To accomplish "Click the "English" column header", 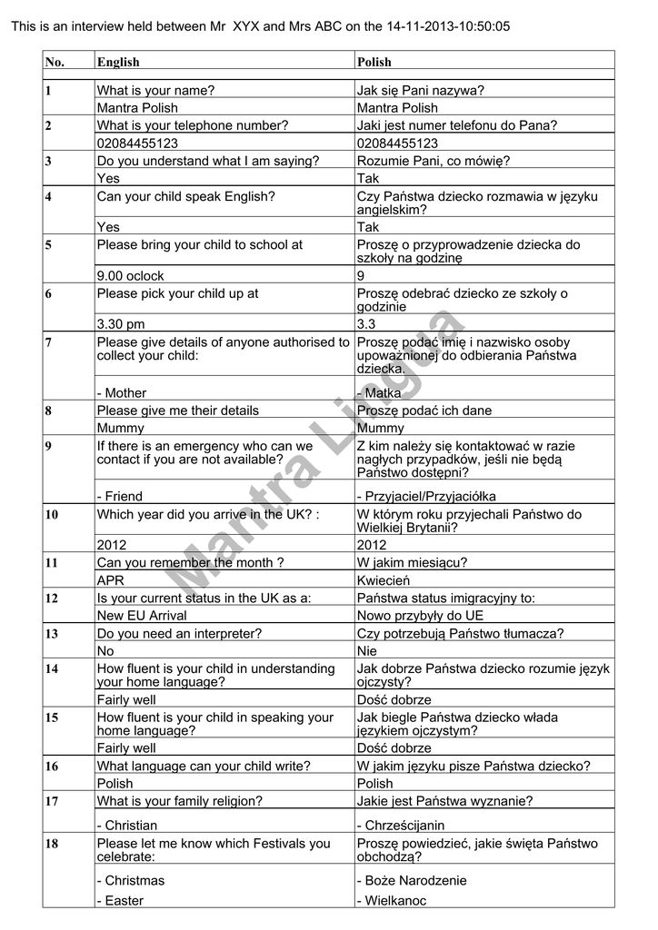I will pyautogui.click(x=118, y=63).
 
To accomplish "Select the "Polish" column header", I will pyautogui.click(x=374, y=63).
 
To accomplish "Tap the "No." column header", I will pyautogui.click(x=55, y=63).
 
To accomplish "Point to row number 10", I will pyautogui.click(x=52, y=515).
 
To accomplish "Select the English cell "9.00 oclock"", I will pyautogui.click(x=131, y=276).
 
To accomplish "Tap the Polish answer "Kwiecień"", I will pyautogui.click(x=384, y=580).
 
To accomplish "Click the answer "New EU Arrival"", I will pyautogui.click(x=142, y=616).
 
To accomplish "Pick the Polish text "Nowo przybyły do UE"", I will pyautogui.click(x=420, y=616).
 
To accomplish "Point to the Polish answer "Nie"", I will pyautogui.click(x=367, y=651).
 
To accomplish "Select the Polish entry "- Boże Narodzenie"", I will pyautogui.click(x=412, y=880).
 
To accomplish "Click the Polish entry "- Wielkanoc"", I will pyautogui.click(x=392, y=901).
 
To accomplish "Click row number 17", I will pyautogui.click(x=52, y=801).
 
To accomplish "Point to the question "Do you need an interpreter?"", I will pyautogui.click(x=179, y=634).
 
